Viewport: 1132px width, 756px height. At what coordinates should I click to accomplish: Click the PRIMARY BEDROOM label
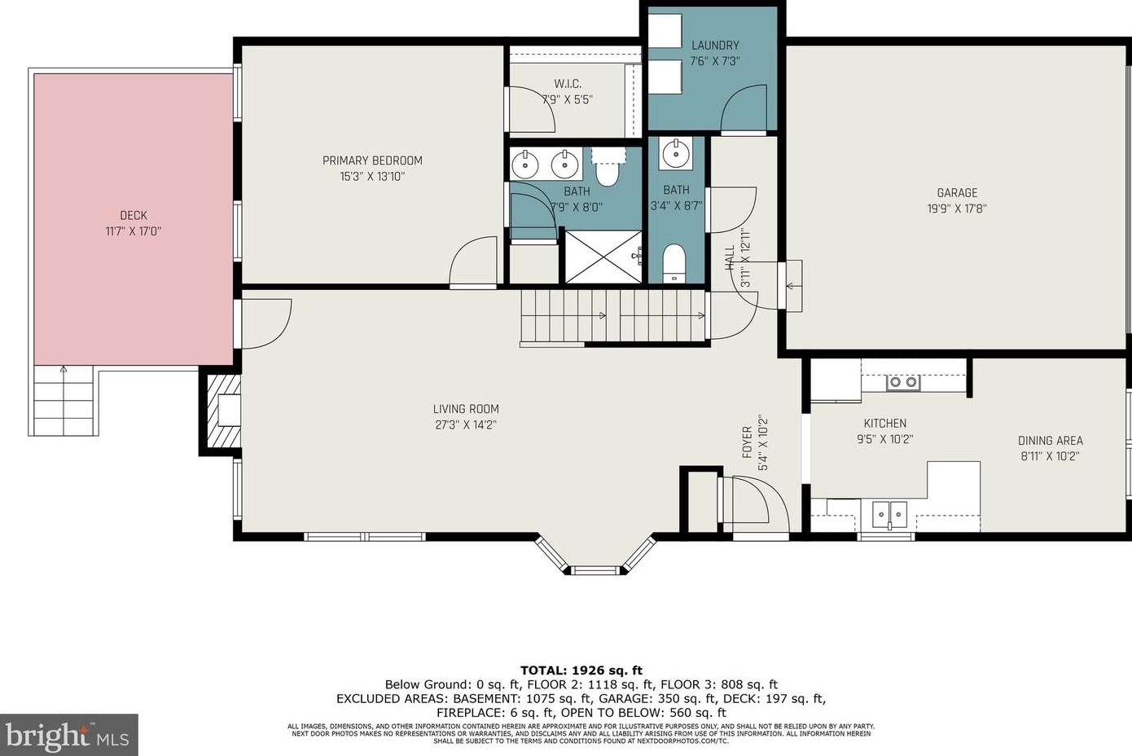pos(372,160)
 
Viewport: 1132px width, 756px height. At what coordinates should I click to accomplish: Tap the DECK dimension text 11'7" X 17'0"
pos(134,231)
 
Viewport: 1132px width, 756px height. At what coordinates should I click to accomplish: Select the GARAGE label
pos(957,193)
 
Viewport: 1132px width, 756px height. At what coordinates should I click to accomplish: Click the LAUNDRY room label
pos(715,46)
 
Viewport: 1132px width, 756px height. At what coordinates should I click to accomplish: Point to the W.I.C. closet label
pos(568,84)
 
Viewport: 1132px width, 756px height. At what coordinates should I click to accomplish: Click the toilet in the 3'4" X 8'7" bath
pos(673,262)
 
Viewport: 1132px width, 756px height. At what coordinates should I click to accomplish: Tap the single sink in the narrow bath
pos(675,152)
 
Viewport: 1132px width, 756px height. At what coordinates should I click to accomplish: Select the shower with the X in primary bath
pos(603,257)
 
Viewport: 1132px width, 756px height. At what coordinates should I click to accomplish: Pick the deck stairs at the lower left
pos(64,401)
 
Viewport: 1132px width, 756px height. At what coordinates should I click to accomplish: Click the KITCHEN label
pos(884,424)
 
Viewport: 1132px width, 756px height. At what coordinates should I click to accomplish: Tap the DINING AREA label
pos(1050,441)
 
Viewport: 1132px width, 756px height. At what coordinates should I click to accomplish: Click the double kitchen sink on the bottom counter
pos(889,514)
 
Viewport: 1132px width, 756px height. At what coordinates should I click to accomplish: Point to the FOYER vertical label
pos(747,442)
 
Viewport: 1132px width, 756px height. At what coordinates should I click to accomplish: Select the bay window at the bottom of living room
pos(595,559)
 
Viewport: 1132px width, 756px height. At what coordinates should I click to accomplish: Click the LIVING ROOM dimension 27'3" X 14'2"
pos(466,424)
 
